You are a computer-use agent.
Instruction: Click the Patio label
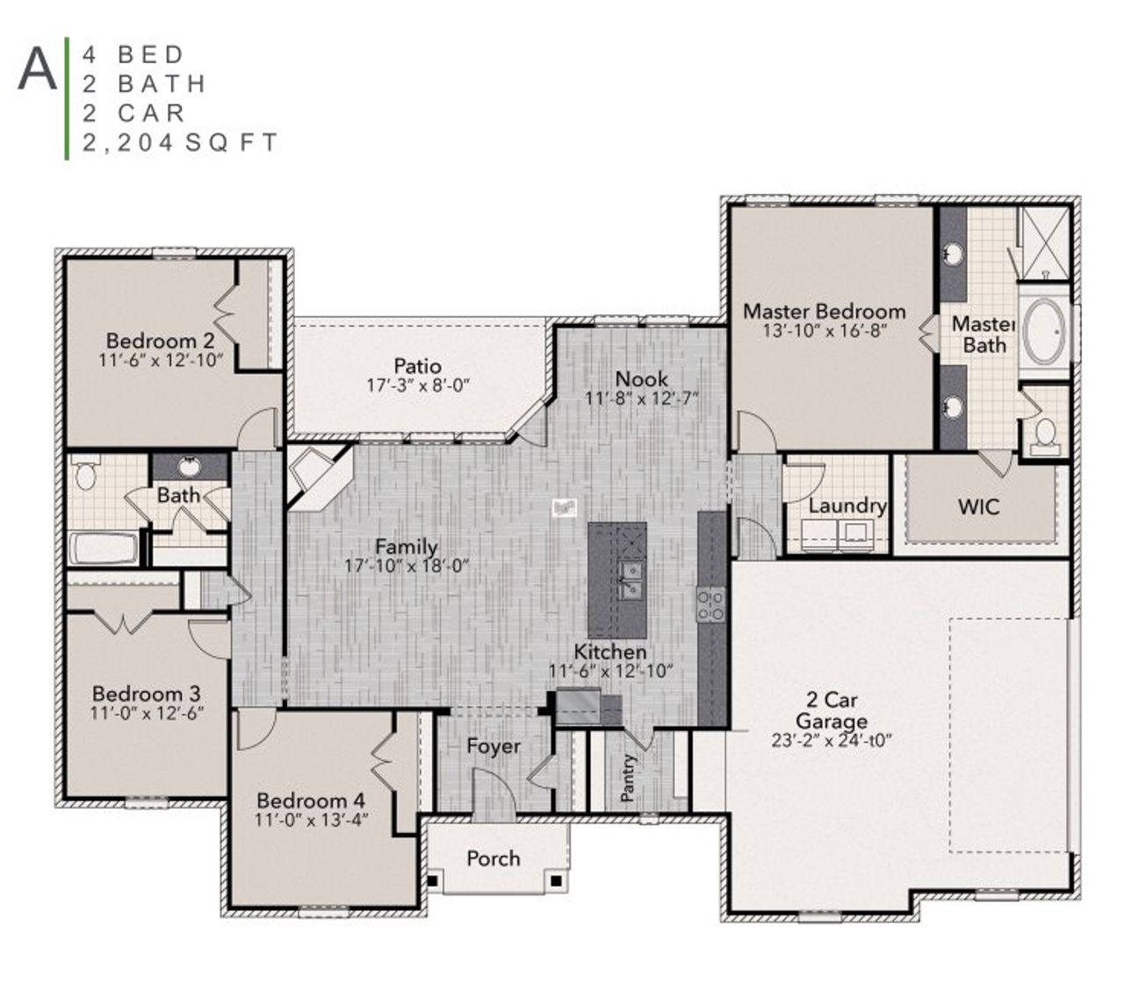click(x=417, y=366)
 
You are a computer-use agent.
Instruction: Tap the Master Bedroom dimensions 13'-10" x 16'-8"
click(x=825, y=331)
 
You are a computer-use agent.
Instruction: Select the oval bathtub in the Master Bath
click(x=1044, y=332)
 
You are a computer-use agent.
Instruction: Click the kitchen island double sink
click(x=630, y=580)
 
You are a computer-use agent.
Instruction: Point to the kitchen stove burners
click(x=710, y=604)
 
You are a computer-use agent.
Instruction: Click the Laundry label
click(x=847, y=506)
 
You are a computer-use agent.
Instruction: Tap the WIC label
click(x=978, y=507)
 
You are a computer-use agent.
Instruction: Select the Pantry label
click(x=628, y=778)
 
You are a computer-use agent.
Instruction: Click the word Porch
click(x=493, y=859)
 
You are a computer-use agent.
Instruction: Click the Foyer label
click(x=494, y=746)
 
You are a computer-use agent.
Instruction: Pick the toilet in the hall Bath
click(x=85, y=475)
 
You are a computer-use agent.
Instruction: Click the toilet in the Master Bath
click(x=1045, y=434)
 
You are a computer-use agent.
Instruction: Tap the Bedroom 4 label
click(x=311, y=801)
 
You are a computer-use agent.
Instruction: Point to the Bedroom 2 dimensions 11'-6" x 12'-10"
click(x=161, y=360)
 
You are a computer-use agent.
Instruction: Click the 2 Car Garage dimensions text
click(x=831, y=740)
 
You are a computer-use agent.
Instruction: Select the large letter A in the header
click(x=37, y=68)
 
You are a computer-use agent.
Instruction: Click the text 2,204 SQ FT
click(x=180, y=142)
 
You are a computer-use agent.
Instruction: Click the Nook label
click(x=641, y=379)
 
